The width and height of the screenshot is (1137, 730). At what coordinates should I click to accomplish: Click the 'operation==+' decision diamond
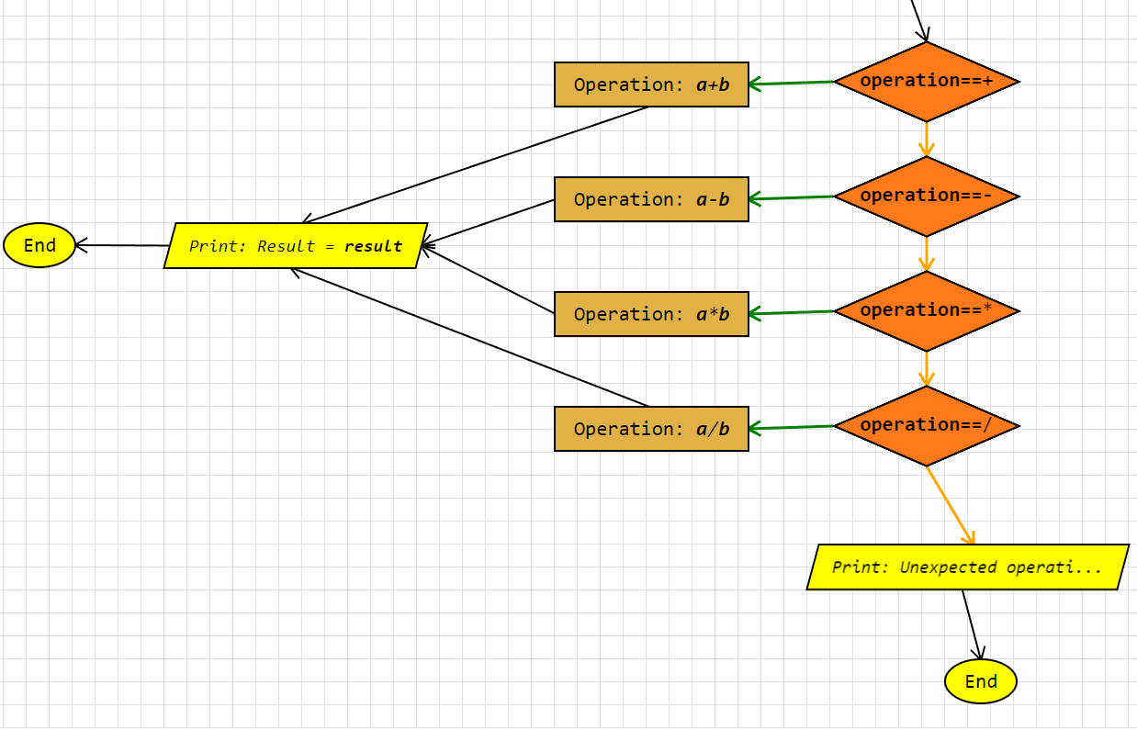(926, 82)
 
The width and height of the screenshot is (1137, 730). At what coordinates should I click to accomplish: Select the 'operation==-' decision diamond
(926, 197)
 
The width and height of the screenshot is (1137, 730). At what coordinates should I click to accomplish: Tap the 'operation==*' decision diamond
(926, 311)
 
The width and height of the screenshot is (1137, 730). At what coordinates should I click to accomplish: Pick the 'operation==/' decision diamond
(926, 426)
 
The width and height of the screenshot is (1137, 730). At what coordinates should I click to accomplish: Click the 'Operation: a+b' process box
(651, 84)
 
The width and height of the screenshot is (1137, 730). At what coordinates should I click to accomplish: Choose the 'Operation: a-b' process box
(651, 199)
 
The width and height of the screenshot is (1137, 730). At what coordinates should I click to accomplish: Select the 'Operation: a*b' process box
(651, 314)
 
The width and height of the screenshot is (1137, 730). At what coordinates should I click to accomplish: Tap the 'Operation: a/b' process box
(651, 429)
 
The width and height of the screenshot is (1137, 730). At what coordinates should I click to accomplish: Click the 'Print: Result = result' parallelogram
(295, 245)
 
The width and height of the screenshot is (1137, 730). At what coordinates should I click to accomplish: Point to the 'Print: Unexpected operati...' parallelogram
(967, 567)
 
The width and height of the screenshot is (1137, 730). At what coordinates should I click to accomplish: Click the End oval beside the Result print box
(39, 245)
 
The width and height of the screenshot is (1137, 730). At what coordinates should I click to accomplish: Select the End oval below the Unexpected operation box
(981, 681)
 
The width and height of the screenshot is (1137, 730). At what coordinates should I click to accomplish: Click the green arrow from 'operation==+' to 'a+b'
(792, 84)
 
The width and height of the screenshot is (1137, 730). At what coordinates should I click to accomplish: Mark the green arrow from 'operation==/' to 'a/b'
(792, 428)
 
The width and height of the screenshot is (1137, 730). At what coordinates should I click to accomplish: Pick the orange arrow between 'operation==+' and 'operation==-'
(926, 139)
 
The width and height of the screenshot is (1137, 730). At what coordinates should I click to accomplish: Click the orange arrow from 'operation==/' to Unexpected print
(950, 505)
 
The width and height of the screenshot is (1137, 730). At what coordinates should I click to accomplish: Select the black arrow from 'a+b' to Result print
(476, 164)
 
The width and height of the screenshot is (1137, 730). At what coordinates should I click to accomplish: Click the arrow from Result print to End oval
(122, 245)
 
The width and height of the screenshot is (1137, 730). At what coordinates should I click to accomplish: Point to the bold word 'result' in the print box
(373, 246)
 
